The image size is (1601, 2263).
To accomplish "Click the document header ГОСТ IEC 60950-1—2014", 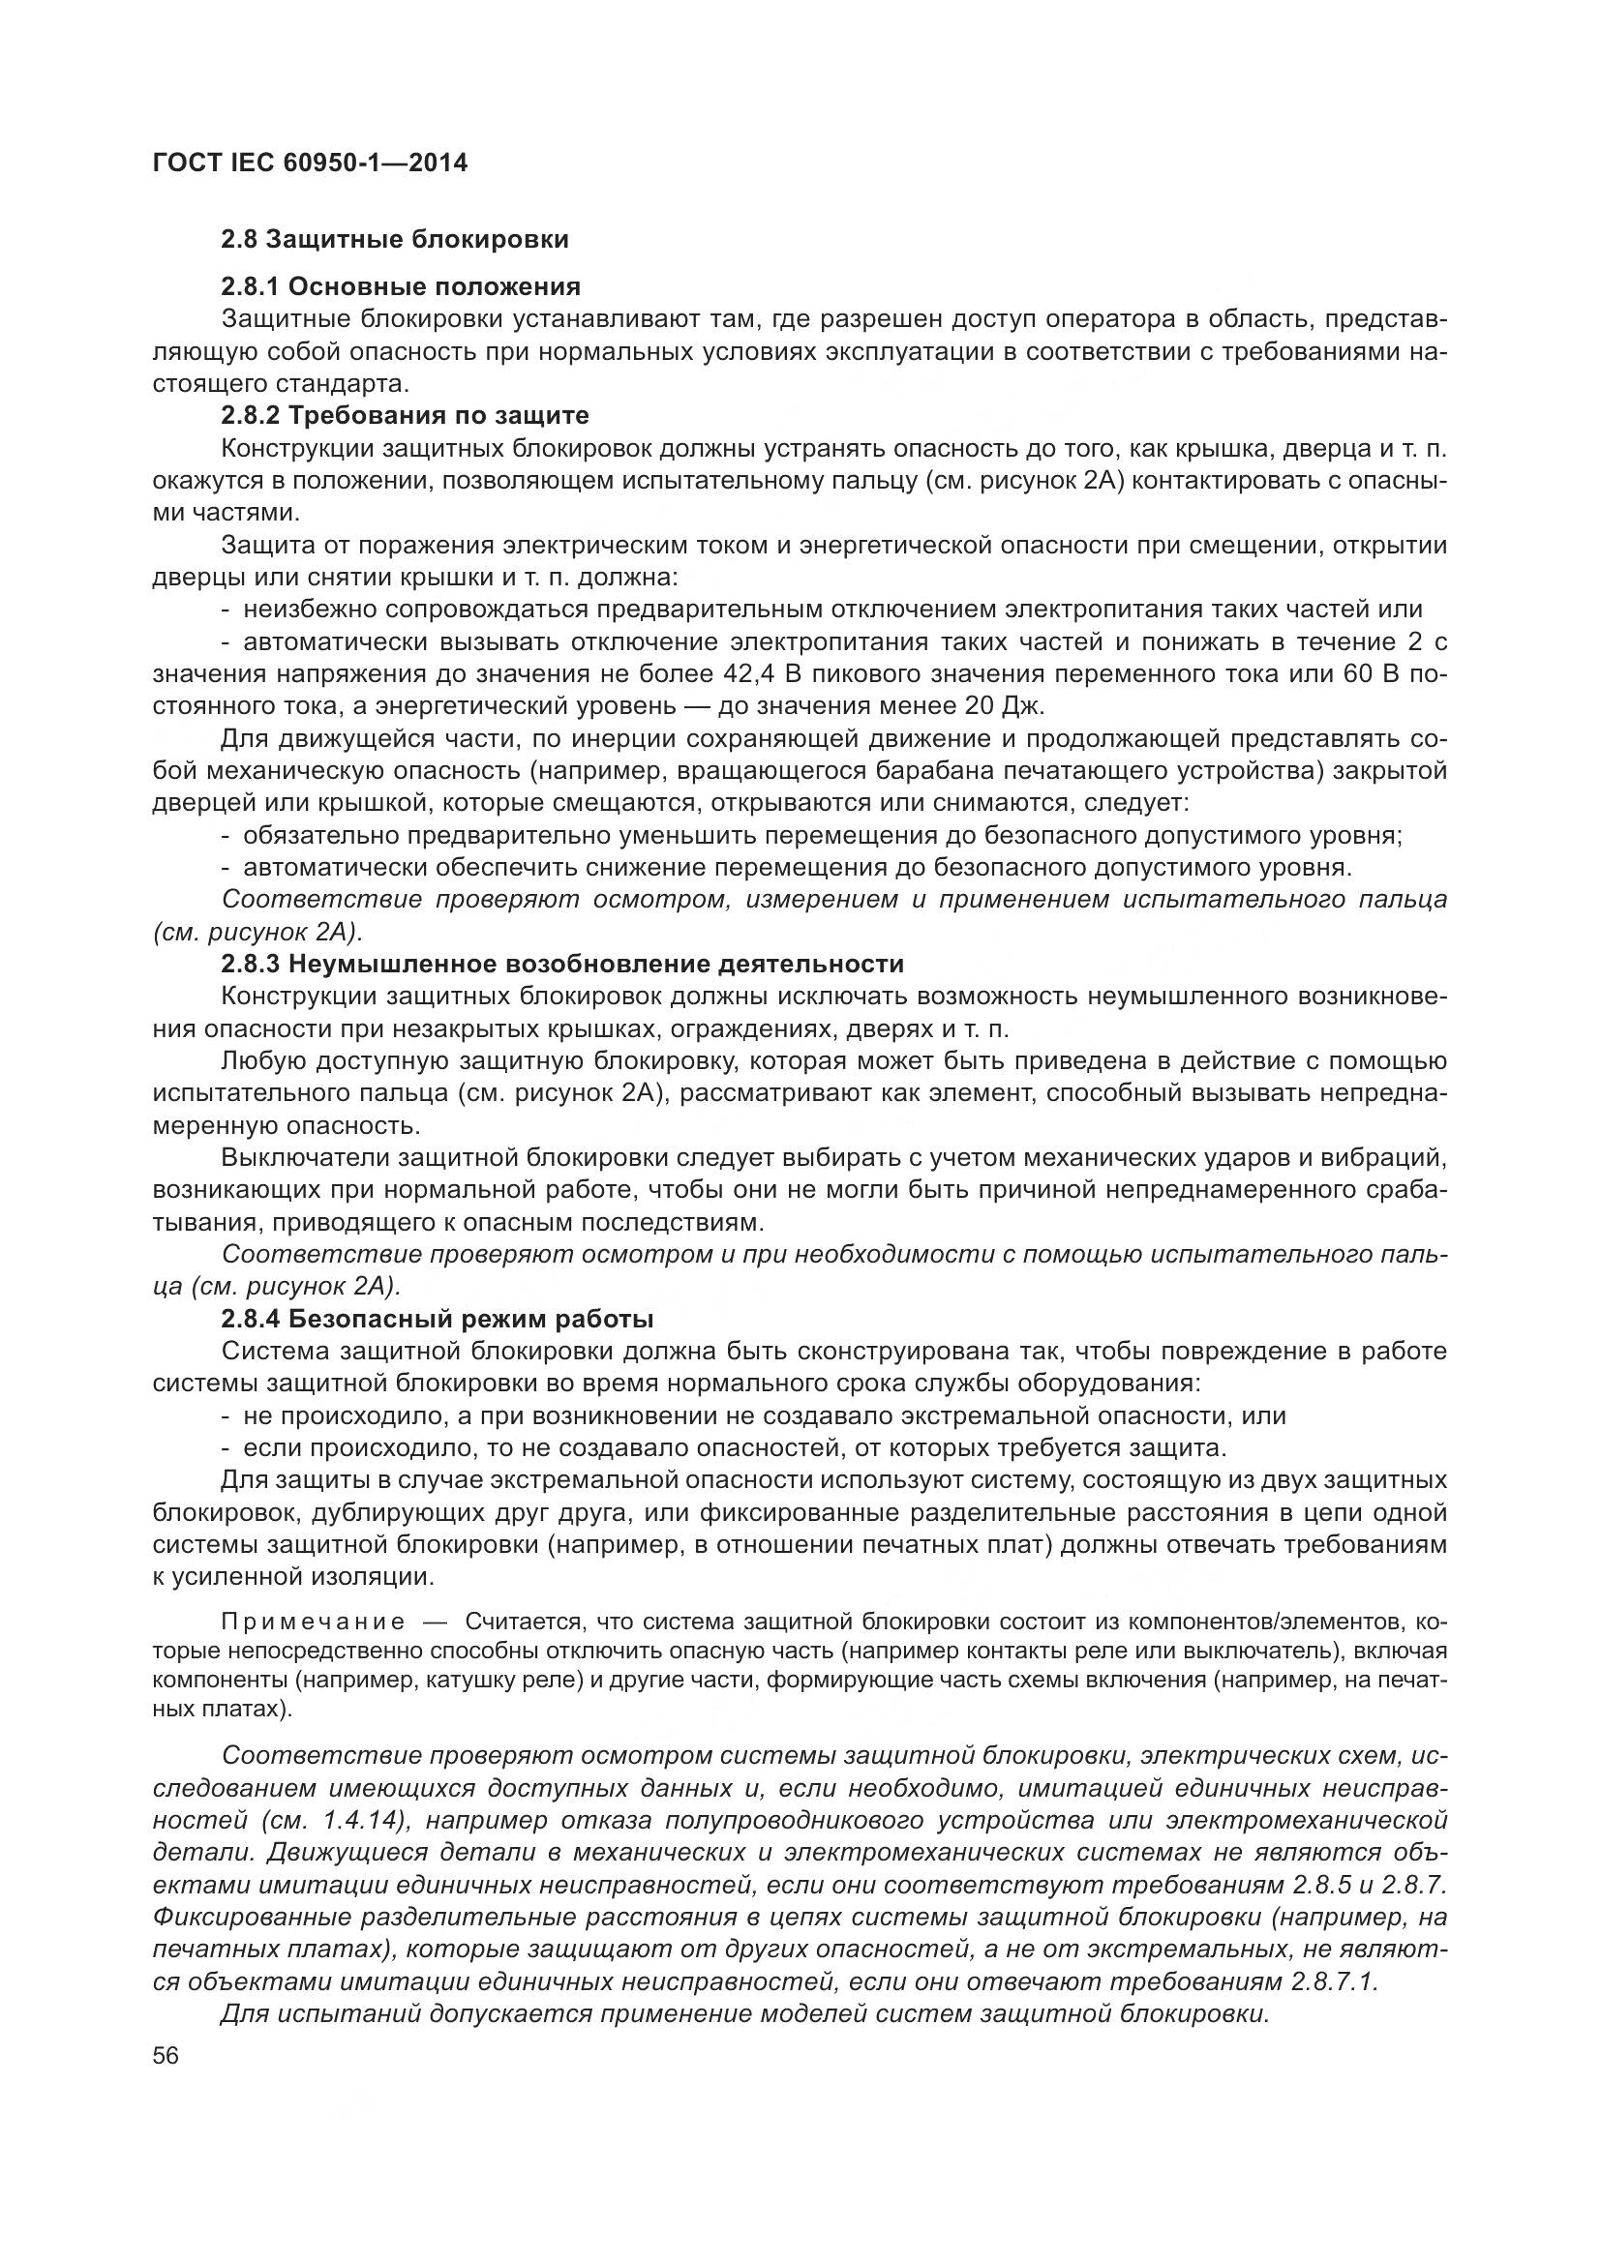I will (x=310, y=163).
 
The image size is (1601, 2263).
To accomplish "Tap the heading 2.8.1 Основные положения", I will (x=401, y=286).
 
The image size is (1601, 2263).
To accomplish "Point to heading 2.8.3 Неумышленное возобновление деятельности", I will (x=562, y=963).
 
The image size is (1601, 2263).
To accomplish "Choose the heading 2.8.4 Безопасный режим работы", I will (x=438, y=1319).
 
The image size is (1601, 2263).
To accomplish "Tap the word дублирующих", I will (x=360, y=1513).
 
